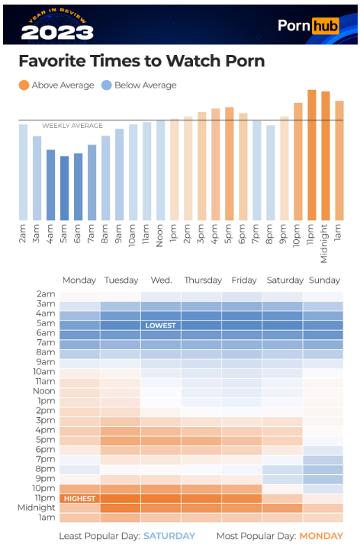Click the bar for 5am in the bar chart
click(x=64, y=188)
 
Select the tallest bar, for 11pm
click(x=312, y=155)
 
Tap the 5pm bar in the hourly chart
click(x=230, y=164)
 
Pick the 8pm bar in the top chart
click(x=271, y=173)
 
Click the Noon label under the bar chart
click(x=160, y=236)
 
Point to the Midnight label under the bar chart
click(x=324, y=243)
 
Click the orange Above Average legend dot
click(x=24, y=85)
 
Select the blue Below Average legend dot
click(x=107, y=85)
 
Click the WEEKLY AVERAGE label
click(x=72, y=126)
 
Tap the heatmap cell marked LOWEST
click(x=161, y=325)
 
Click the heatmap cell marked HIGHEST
click(x=79, y=499)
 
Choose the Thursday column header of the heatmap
click(x=203, y=281)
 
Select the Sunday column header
click(x=324, y=281)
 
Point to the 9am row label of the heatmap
click(x=46, y=362)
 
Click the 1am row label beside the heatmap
click(x=47, y=518)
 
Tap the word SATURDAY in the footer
click(x=169, y=536)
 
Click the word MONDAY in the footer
click(x=321, y=536)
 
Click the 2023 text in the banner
click(x=57, y=33)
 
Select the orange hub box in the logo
click(x=325, y=26)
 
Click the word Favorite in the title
click(x=51, y=61)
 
